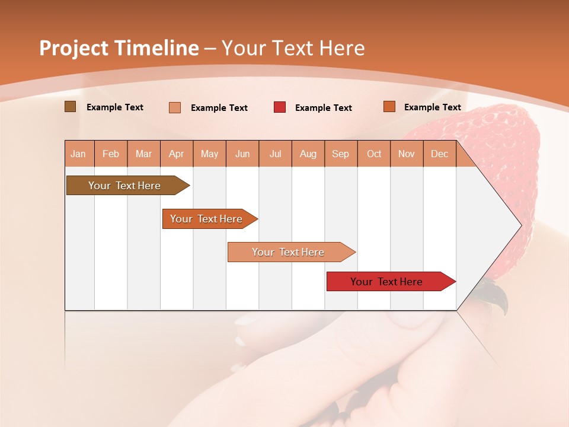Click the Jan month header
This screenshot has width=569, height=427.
point(78,154)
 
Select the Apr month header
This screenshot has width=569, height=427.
point(176,154)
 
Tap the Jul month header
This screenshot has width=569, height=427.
point(275,154)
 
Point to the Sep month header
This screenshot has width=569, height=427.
point(340,154)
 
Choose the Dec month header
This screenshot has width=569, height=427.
point(439,154)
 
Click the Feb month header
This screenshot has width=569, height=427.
point(111,154)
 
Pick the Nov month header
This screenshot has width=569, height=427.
point(406,154)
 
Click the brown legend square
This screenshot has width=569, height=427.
point(70,107)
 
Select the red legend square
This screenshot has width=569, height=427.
point(280,107)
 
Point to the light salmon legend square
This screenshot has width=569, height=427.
point(175,107)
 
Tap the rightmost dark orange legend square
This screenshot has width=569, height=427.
point(389,107)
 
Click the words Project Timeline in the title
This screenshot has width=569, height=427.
point(119,48)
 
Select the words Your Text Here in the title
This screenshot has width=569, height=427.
point(293,48)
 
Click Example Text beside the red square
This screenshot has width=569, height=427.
point(323,108)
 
